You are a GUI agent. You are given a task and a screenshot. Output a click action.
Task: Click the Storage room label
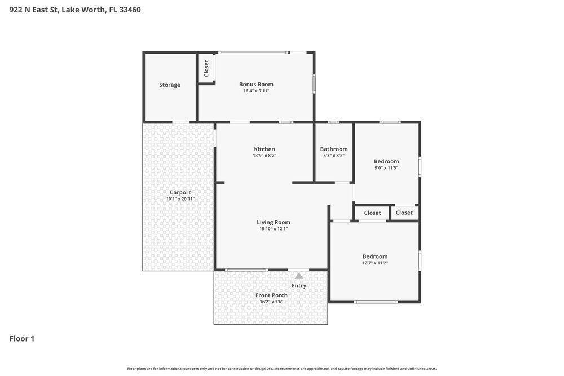(x=170, y=85)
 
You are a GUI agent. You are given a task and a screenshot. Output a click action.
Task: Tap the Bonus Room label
(x=256, y=84)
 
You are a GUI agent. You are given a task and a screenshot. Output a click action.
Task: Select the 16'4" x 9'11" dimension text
(x=256, y=91)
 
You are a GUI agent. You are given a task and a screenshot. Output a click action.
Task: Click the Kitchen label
(x=265, y=149)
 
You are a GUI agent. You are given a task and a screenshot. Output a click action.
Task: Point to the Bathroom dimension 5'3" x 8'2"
(x=334, y=156)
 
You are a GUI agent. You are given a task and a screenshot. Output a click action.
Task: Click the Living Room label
(x=274, y=222)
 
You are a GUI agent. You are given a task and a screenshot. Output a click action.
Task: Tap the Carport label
(x=180, y=192)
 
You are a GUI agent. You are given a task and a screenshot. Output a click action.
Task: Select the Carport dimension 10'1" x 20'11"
(x=180, y=199)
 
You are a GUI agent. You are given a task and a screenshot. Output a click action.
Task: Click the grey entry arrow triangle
(x=299, y=276)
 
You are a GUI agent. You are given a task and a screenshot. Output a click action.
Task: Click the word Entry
(x=299, y=286)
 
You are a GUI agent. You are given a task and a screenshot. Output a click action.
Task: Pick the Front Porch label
(x=272, y=295)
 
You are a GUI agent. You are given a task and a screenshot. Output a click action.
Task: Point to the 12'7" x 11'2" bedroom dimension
(x=375, y=263)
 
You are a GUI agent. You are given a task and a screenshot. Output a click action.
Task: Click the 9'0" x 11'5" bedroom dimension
(x=386, y=168)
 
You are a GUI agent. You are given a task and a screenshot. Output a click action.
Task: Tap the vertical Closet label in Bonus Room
(x=206, y=68)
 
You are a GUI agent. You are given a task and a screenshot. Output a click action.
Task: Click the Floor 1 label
(x=22, y=339)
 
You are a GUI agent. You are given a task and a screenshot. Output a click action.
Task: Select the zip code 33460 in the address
(x=130, y=10)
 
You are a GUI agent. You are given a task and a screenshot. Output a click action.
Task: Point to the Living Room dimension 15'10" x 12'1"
(x=274, y=229)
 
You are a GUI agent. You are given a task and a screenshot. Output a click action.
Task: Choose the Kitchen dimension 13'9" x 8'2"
(x=265, y=156)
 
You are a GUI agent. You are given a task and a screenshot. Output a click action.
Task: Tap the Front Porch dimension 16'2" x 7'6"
(x=272, y=302)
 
